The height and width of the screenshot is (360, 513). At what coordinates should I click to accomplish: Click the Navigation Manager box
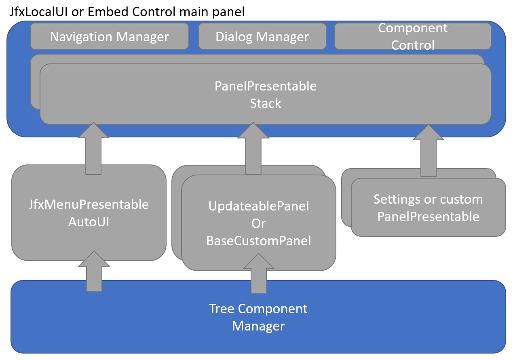(109, 36)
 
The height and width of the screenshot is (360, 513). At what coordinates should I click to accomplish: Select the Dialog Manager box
(262, 36)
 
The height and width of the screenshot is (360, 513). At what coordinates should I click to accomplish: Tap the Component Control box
(412, 36)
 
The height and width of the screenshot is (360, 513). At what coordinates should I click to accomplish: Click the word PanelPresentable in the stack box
(265, 86)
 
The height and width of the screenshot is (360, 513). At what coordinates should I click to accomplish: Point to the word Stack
(265, 103)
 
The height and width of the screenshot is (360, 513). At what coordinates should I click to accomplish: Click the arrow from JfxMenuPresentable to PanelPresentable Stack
(93, 149)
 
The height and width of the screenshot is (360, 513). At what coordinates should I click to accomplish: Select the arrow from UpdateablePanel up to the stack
(253, 149)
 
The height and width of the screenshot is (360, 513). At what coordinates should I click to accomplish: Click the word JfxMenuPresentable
(89, 204)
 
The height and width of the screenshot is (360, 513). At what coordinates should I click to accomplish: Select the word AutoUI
(89, 222)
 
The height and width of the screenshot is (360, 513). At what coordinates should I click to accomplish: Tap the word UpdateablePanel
(259, 206)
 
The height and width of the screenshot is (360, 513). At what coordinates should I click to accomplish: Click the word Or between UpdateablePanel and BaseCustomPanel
(259, 223)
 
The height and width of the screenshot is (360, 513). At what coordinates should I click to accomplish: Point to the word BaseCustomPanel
(259, 241)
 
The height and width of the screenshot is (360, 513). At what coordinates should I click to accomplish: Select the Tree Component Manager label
(258, 317)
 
